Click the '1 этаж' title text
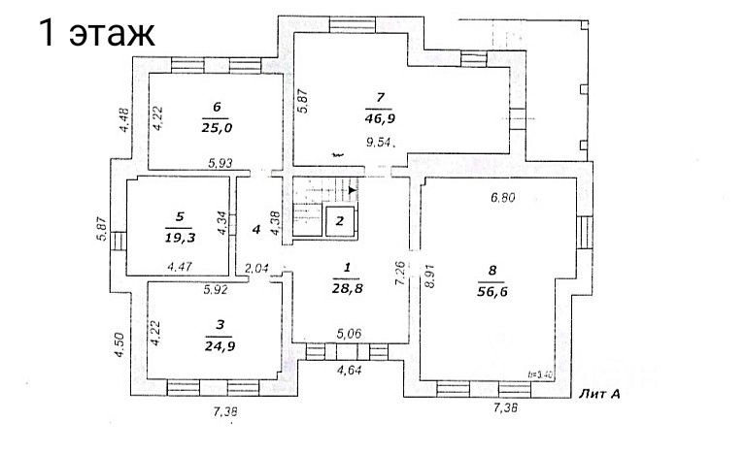96,35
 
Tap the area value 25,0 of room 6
218,125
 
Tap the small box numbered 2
339,221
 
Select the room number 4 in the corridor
256,230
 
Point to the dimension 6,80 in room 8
504,197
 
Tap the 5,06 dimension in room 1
350,334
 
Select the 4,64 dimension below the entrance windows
351,370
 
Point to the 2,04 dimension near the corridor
257,269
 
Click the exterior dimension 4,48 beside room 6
122,118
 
